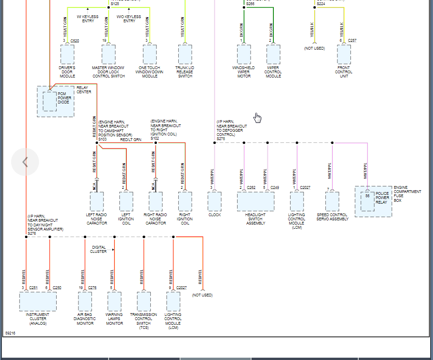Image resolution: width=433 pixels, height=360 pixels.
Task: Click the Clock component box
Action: pyautogui.click(x=214, y=201)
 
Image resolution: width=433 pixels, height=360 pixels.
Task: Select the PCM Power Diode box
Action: pyautogui.click(x=50, y=101)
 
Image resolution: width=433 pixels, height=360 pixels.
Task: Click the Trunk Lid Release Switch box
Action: pyautogui.click(x=185, y=54)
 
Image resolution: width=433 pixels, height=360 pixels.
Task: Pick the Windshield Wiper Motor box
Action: pyautogui.click(x=244, y=54)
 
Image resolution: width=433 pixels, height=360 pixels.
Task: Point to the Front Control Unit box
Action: pyautogui.click(x=344, y=54)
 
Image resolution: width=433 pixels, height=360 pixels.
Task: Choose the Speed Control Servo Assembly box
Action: pyautogui.click(x=332, y=201)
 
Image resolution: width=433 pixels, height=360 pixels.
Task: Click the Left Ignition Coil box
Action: pyautogui.click(x=126, y=201)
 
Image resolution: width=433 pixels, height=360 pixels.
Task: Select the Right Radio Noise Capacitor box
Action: pyautogui.click(x=155, y=201)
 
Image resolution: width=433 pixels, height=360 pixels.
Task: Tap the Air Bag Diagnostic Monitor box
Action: pyautogui.click(x=85, y=301)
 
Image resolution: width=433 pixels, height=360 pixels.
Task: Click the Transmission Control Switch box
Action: pyautogui.click(x=144, y=301)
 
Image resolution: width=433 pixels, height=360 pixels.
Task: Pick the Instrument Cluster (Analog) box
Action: pyautogui.click(x=38, y=301)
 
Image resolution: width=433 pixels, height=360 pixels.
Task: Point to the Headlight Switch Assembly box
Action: pyautogui.click(x=255, y=201)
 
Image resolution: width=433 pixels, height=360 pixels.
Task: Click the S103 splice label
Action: pyautogui.click(x=102, y=139)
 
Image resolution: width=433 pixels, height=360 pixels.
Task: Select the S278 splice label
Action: pyautogui.click(x=220, y=139)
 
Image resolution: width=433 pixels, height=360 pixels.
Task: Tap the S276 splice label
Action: pyautogui.click(x=32, y=233)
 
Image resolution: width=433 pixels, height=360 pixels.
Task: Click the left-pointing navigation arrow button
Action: pyautogui.click(x=25, y=162)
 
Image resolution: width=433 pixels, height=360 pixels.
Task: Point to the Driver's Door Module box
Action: pyautogui.click(x=67, y=54)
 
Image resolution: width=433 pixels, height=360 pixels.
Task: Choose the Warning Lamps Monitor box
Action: pyautogui.click(x=114, y=301)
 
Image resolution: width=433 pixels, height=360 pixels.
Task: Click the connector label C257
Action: pyautogui.click(x=352, y=41)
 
